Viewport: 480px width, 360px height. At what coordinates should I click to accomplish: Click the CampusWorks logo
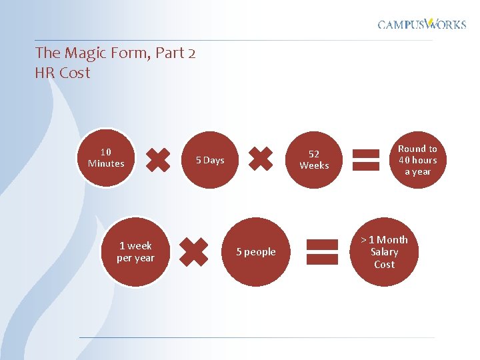click(422, 24)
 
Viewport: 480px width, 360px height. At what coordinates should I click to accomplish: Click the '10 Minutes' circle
click(105, 158)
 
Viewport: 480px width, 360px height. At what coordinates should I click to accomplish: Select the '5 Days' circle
click(210, 160)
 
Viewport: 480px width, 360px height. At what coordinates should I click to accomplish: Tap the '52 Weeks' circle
click(314, 159)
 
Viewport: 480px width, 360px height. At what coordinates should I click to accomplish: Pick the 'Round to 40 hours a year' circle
click(417, 160)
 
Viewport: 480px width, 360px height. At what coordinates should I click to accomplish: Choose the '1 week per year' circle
click(135, 252)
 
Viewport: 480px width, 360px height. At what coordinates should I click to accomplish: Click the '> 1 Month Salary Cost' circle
click(384, 252)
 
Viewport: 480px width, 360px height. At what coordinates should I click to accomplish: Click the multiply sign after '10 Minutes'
click(157, 160)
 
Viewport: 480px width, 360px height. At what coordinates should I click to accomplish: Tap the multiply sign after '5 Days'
click(261, 159)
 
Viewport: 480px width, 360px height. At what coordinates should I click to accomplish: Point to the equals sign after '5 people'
click(322, 251)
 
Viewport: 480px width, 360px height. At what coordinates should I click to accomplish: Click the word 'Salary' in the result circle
click(384, 252)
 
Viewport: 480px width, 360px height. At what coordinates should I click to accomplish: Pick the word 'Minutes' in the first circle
click(106, 163)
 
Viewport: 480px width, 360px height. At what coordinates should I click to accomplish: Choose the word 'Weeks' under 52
click(314, 165)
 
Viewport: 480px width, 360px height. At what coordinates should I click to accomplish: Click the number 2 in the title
click(191, 53)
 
